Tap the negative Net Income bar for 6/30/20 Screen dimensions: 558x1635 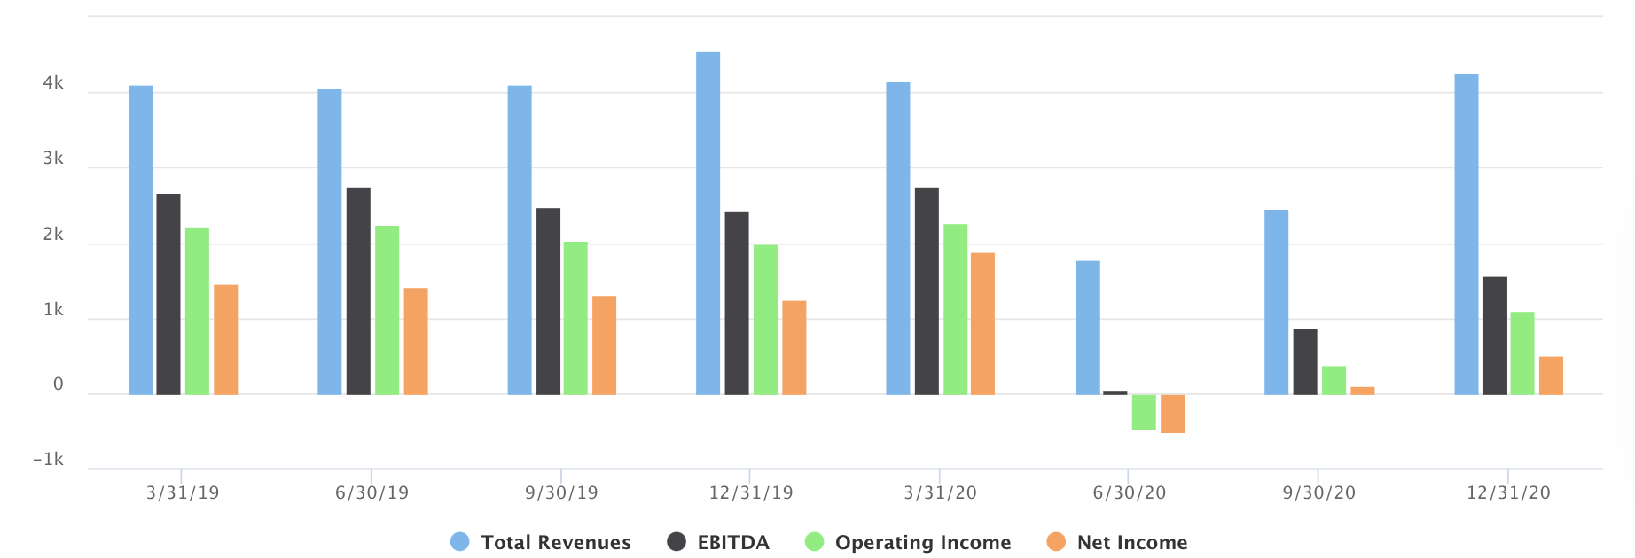point(1172,414)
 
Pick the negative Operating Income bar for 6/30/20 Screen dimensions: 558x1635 point(1144,412)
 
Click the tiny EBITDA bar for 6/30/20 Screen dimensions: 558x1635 point(1115,392)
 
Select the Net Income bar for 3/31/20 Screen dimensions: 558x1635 point(982,323)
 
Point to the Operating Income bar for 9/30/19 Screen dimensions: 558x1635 point(575,318)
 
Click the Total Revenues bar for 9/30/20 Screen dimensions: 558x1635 point(1276,302)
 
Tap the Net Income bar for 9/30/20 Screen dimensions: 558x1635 point(1362,391)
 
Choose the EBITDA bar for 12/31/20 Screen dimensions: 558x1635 point(1495,336)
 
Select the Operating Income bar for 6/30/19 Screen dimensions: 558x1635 point(387,310)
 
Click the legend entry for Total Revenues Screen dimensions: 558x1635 point(541,542)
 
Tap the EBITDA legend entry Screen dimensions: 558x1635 point(718,542)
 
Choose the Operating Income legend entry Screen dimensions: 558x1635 point(908,542)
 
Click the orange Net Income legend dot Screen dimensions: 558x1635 point(1056,542)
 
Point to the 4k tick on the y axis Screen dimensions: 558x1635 point(53,83)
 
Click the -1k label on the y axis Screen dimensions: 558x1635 point(48,459)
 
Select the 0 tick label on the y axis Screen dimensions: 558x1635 point(59,384)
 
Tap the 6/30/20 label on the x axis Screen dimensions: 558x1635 point(1129,492)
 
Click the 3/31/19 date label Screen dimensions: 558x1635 point(183,492)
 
